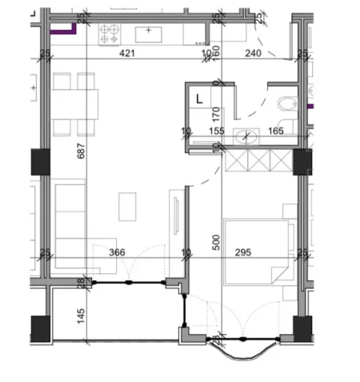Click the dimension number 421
point(127,54)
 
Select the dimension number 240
point(252,54)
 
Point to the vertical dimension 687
point(81,157)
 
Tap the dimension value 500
point(216,243)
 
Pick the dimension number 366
point(117,253)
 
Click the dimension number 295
point(244,253)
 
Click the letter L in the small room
point(199,99)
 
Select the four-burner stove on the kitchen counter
point(110,34)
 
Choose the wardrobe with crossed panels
point(258,160)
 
